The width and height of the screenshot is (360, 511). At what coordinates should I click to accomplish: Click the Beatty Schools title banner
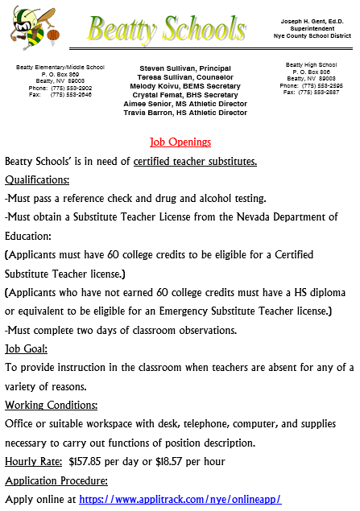167,30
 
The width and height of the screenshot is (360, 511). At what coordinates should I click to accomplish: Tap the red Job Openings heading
180,142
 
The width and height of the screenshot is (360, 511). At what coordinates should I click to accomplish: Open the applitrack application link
180,499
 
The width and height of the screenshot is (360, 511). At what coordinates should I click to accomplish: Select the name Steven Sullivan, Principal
184,68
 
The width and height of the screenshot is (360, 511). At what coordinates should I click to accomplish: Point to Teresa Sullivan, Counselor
184,77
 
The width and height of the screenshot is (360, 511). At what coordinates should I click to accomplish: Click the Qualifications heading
37,179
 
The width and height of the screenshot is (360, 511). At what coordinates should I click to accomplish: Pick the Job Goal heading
27,348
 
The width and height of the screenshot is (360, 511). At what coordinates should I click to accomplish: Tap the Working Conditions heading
52,405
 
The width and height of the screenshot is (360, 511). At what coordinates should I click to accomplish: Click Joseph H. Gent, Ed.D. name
312,20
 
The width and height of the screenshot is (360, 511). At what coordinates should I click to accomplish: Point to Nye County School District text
312,37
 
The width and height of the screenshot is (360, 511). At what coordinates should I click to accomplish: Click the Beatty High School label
311,64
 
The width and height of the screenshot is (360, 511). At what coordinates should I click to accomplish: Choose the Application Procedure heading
56,480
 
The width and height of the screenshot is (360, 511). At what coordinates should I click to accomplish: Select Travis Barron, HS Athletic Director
184,113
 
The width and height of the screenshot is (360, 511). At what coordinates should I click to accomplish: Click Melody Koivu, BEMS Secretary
184,86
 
